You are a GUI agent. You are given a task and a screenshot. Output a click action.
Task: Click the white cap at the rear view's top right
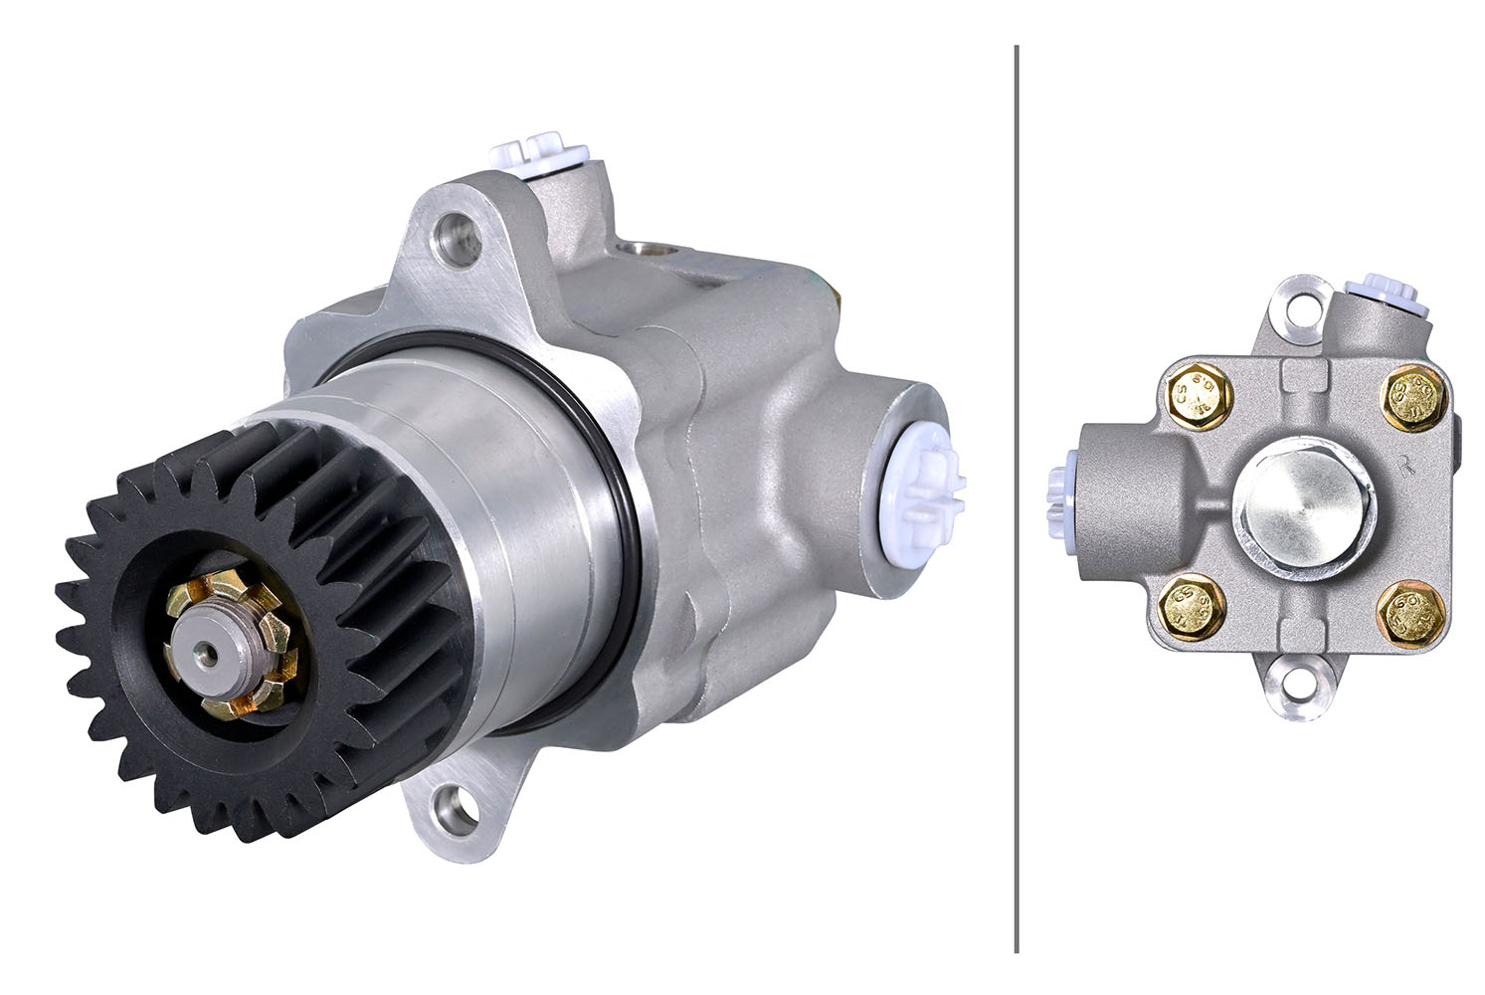point(1377,289)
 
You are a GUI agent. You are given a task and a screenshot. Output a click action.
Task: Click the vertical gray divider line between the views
point(1016,497)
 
